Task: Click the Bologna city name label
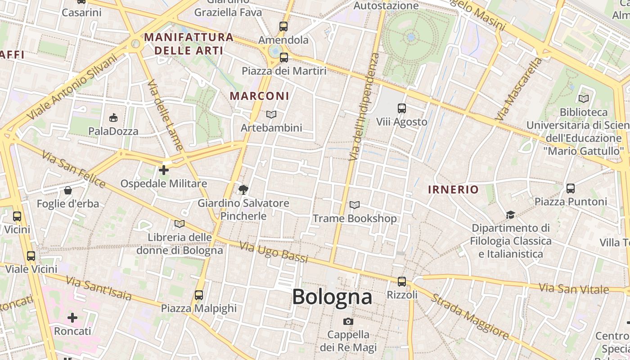[x=332, y=297]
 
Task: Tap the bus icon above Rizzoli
[x=402, y=282]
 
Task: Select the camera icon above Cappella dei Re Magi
[x=348, y=321]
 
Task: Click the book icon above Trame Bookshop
[x=355, y=205]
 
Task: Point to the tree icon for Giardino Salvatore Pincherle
[x=243, y=189]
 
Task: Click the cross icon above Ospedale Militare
[x=164, y=170]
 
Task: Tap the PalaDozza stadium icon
[x=113, y=118]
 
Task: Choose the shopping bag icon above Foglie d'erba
[x=67, y=190]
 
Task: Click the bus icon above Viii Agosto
[x=402, y=108]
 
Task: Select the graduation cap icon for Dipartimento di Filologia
[x=510, y=215]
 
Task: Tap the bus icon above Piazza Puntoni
[x=571, y=188]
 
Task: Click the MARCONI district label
[x=260, y=96]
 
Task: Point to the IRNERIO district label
[x=453, y=189]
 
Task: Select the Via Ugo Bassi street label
[x=274, y=252]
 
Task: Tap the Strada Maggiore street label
[x=471, y=316]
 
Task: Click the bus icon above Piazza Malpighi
[x=199, y=295]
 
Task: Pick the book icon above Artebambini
[x=271, y=115]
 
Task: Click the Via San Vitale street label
[x=574, y=288]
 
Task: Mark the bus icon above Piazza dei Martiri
[x=283, y=58]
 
